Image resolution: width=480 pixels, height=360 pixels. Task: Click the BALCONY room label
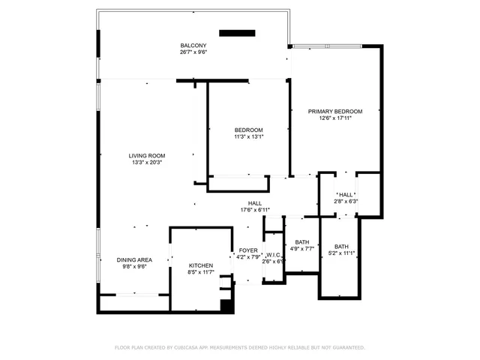click(193, 45)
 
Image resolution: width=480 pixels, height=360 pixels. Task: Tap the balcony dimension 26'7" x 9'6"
click(193, 52)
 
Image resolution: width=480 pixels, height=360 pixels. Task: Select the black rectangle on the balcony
click(237, 32)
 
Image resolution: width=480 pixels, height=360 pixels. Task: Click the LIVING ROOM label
click(147, 155)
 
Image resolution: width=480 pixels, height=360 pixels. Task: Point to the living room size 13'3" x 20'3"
click(147, 163)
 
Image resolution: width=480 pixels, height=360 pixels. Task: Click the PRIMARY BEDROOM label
click(335, 111)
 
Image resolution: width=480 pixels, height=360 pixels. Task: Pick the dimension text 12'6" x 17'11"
click(335, 118)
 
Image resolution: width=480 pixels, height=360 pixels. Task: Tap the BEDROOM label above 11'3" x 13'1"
click(249, 130)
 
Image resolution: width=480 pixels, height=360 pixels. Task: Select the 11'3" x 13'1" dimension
click(249, 137)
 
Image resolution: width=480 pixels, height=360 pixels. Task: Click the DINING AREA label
click(134, 259)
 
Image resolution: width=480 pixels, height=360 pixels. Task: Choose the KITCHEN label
click(201, 265)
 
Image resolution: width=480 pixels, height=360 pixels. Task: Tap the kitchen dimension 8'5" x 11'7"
click(201, 273)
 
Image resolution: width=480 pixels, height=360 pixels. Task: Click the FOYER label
click(248, 250)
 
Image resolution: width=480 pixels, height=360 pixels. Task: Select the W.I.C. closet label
click(273, 254)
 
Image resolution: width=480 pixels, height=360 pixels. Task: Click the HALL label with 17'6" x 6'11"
click(255, 203)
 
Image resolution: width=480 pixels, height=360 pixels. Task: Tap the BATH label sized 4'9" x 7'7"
click(302, 241)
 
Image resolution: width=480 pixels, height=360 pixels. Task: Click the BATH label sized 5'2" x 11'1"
click(341, 247)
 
